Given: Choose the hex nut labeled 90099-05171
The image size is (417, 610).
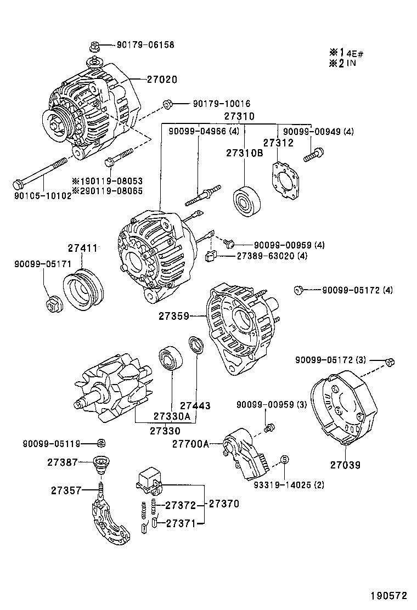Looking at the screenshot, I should point(53,302).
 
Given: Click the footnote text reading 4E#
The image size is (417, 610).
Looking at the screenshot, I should point(355,54).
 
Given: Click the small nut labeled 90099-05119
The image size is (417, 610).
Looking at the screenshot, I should point(100,443).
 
